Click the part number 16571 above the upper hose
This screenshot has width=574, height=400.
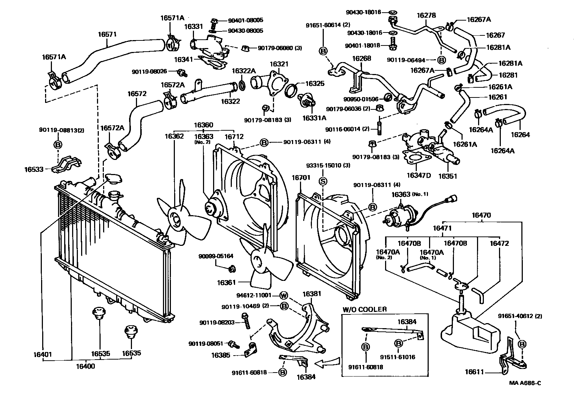click(107, 35)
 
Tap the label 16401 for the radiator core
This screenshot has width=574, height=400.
click(43, 354)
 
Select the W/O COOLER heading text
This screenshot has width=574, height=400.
click(364, 309)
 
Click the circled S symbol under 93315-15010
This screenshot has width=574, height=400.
click(323, 181)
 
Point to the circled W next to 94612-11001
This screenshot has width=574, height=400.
click(284, 296)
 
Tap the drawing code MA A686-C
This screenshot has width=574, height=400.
click(525, 383)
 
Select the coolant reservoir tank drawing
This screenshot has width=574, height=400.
click(469, 330)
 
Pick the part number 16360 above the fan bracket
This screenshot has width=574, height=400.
click(203, 125)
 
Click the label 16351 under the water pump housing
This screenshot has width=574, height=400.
click(447, 176)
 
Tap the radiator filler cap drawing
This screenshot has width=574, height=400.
click(113, 179)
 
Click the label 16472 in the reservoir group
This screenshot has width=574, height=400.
click(499, 243)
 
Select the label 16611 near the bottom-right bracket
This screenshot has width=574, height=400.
click(474, 372)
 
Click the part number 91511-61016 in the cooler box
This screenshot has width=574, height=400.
click(398, 357)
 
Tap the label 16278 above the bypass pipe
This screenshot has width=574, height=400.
click(426, 16)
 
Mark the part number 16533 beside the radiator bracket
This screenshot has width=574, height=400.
click(34, 169)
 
